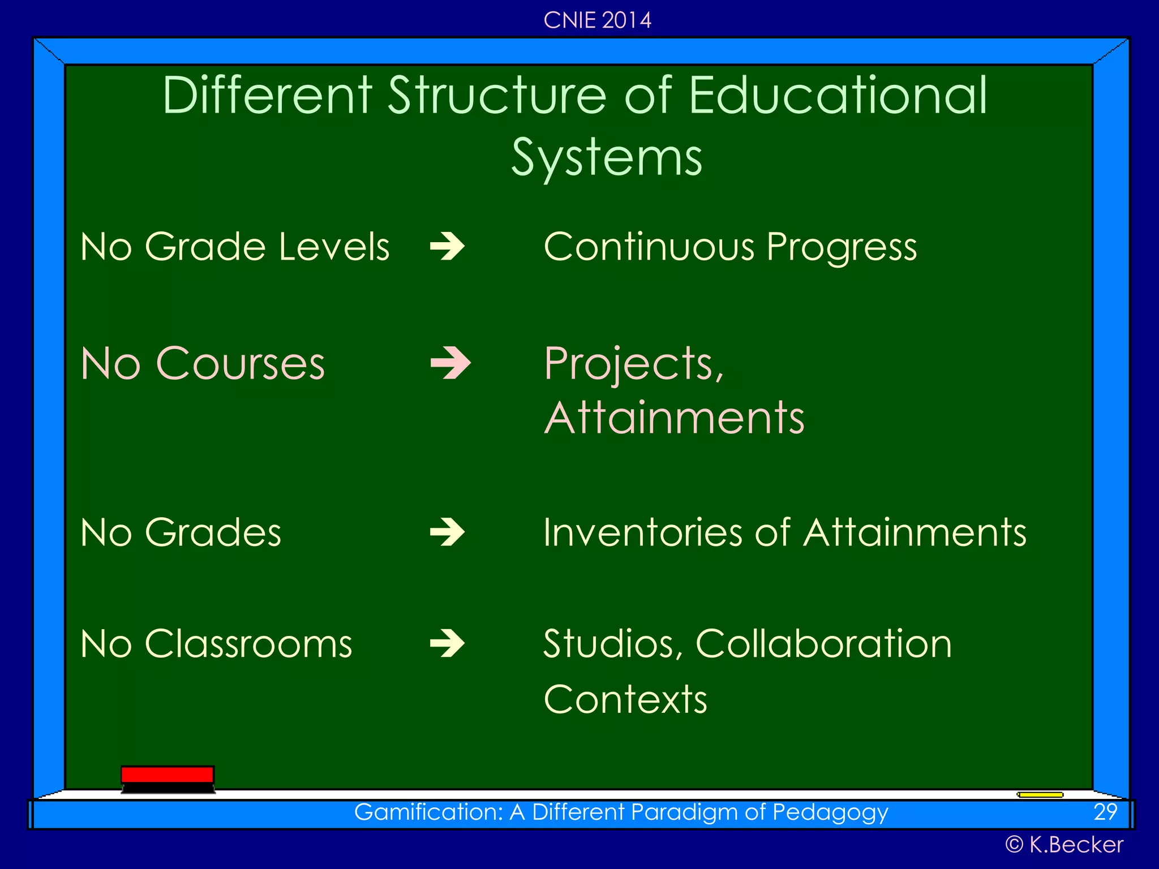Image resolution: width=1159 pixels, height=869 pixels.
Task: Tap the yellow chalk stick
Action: (1040, 795)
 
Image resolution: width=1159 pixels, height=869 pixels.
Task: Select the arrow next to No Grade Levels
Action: (448, 247)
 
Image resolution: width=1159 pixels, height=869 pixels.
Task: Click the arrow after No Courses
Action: (450, 363)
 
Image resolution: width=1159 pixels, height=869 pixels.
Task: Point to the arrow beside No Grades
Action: (448, 532)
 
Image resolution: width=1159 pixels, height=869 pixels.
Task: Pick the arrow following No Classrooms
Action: (448, 644)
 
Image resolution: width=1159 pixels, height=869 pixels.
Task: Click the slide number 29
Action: (1105, 812)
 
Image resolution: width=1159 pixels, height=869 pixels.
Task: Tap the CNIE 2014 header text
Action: (597, 20)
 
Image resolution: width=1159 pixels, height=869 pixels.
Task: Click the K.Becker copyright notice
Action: (1064, 845)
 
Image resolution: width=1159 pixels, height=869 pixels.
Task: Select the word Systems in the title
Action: (607, 157)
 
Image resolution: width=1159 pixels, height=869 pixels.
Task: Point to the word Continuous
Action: (649, 247)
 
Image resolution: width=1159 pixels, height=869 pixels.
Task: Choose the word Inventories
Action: (642, 532)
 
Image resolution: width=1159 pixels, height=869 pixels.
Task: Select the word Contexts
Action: (625, 699)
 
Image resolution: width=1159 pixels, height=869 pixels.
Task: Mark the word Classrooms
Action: (248, 644)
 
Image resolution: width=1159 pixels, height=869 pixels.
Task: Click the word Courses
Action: (240, 363)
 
